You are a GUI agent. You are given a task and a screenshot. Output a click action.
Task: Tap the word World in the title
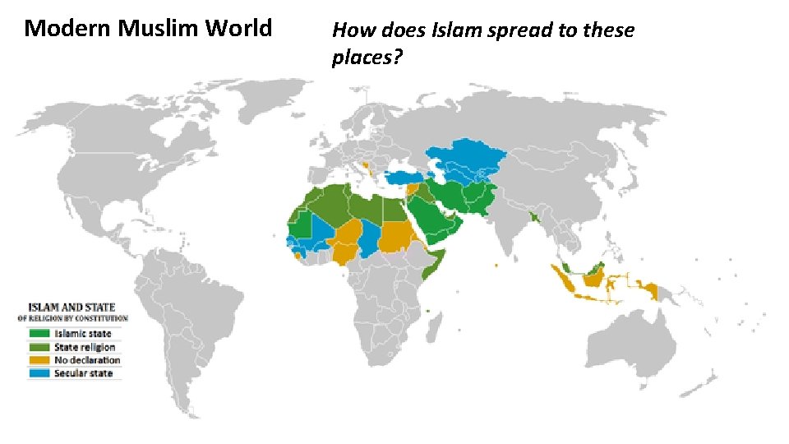click(238, 29)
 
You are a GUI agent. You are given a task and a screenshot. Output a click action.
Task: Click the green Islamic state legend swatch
click(39, 334)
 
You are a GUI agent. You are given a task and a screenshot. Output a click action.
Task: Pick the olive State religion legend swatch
click(39, 347)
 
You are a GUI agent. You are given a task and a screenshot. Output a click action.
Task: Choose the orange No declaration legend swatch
click(39, 360)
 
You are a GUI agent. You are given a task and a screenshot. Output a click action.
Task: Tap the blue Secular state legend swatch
click(39, 373)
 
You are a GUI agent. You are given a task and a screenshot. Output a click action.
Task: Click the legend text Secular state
click(84, 373)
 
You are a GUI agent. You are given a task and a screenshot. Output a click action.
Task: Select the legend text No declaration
click(87, 360)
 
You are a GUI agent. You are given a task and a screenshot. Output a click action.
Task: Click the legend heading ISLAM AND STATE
click(72, 308)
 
